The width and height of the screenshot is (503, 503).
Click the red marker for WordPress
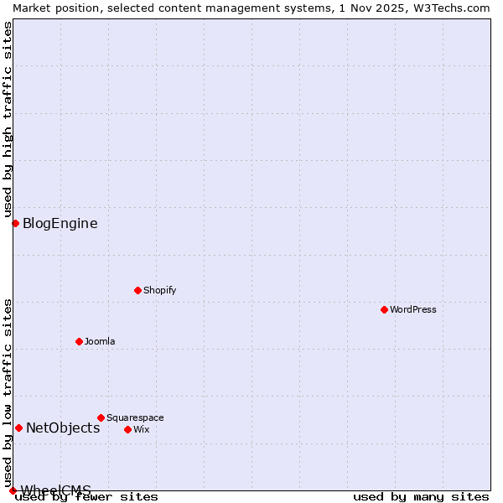pyautogui.click(x=384, y=309)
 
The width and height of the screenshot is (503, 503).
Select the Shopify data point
pyautogui.click(x=137, y=290)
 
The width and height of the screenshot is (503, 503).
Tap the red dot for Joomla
pyautogui.click(x=79, y=341)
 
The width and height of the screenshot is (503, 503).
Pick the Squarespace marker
pyautogui.click(x=101, y=417)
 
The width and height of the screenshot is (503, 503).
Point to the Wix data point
pyautogui.click(x=127, y=429)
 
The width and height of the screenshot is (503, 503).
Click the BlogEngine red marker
pyautogui.click(x=15, y=223)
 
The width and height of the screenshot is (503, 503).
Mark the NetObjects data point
pyautogui.click(x=18, y=428)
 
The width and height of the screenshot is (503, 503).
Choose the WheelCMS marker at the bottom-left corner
pyautogui.click(x=13, y=490)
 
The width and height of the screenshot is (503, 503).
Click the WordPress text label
pyautogui.click(x=413, y=309)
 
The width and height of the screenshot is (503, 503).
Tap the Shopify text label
pyautogui.click(x=159, y=290)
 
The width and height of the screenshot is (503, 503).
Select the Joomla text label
pyautogui.click(x=100, y=341)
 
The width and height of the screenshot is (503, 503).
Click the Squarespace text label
pyautogui.click(x=135, y=417)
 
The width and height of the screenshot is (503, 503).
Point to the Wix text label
pyautogui.click(x=141, y=429)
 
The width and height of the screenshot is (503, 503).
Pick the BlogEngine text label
pyautogui.click(x=60, y=223)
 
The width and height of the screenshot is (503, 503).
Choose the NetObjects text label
pyautogui.click(x=63, y=428)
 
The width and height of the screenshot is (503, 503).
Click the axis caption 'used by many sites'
pyautogui.click(x=421, y=496)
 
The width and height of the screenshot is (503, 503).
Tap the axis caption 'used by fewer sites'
pyautogui.click(x=87, y=496)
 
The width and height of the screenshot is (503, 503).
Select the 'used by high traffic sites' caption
pyautogui.click(x=8, y=119)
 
